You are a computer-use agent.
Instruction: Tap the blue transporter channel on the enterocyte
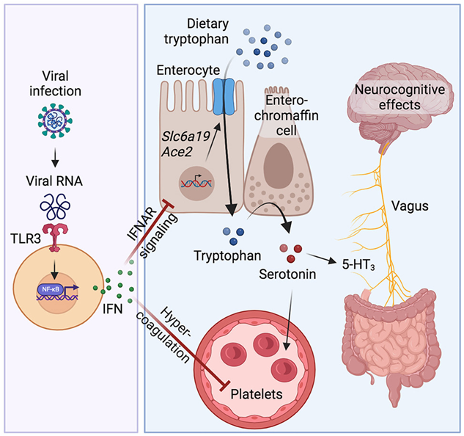222,96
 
